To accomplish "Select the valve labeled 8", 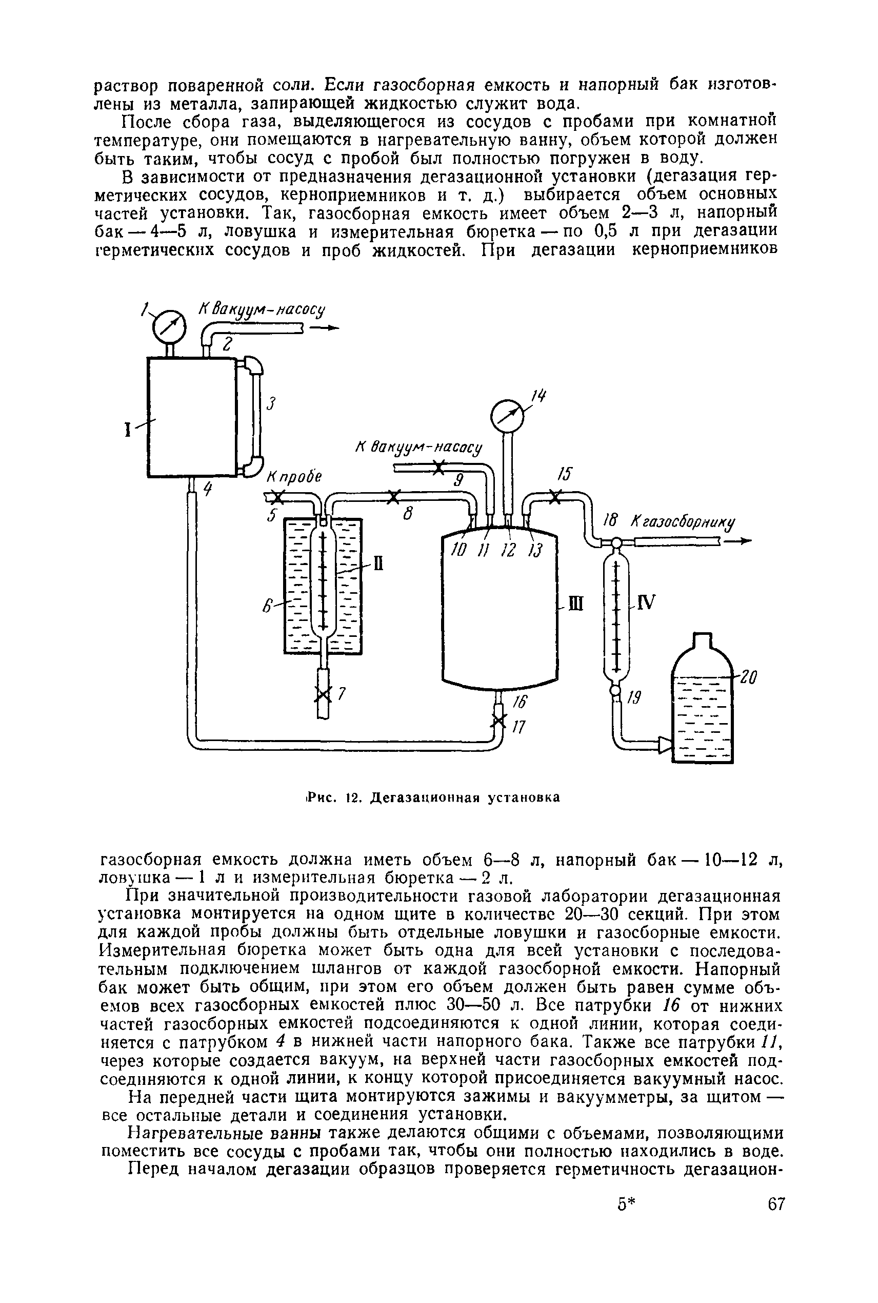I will [395, 496].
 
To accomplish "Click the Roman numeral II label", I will [378, 563].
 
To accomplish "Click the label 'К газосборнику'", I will [683, 522].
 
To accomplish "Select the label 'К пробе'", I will [294, 477].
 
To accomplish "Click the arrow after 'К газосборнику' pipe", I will [737, 541].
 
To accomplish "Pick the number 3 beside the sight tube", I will [272, 403].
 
